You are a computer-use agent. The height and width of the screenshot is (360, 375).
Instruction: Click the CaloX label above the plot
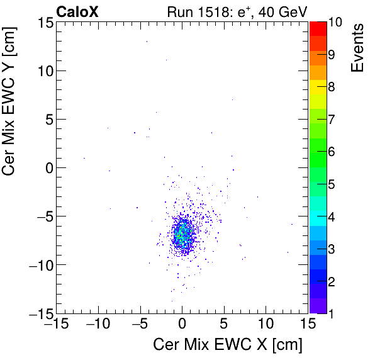(x=77, y=11)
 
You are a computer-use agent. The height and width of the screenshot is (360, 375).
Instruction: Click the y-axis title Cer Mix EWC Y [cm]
(x=12, y=114)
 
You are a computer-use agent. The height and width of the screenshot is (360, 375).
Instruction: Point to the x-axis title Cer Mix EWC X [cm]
(x=228, y=345)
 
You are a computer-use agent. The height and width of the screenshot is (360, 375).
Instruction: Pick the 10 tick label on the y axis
(x=42, y=70)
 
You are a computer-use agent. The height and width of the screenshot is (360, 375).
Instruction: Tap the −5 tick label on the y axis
(x=39, y=216)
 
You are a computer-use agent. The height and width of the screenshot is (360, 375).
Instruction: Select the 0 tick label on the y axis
(x=46, y=167)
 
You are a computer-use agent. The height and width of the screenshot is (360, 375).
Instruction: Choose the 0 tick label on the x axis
(x=182, y=325)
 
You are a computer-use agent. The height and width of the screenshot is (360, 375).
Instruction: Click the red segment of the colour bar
(x=317, y=28)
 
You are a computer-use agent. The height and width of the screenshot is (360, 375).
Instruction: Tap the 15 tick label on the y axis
(x=42, y=22)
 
